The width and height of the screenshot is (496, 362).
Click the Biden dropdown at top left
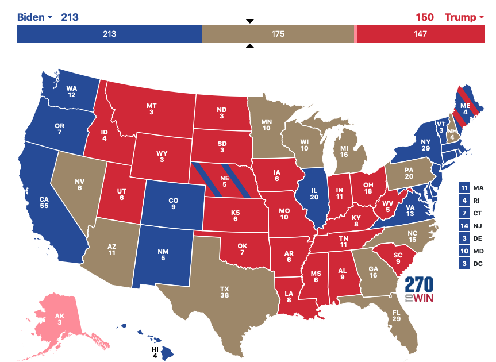tap(34, 17)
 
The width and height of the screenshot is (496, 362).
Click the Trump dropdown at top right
tap(464, 17)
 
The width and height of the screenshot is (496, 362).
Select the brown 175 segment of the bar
tap(278, 34)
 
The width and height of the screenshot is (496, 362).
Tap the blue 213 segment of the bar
tap(109, 34)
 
